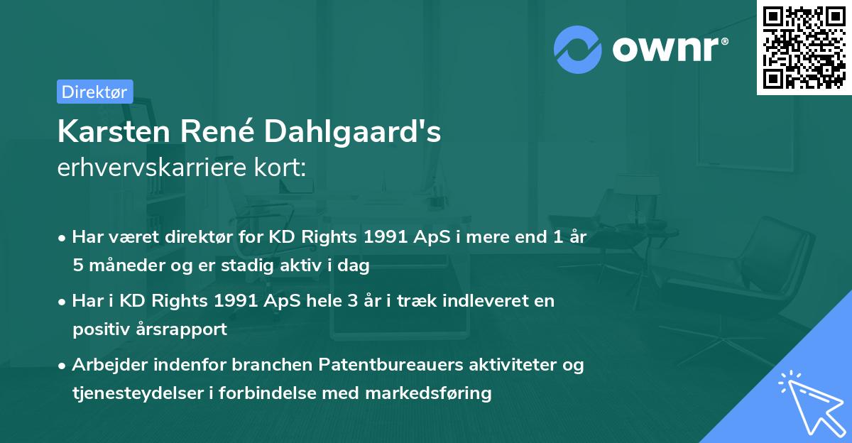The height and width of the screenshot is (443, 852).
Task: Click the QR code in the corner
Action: point(804,48)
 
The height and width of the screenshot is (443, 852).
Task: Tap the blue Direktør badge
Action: point(94,91)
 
